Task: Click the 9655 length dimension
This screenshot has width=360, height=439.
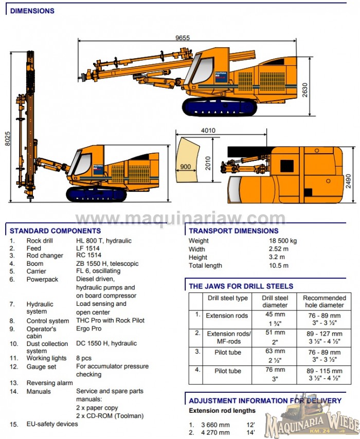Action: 183,38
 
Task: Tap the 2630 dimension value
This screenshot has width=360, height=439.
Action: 305,89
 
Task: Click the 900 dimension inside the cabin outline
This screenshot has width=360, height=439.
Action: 185,167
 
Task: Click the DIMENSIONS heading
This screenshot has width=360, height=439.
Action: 32,11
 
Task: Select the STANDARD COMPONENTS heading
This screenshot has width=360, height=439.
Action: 55,231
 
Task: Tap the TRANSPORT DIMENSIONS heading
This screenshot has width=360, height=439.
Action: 233,231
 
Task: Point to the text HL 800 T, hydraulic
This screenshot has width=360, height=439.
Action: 104,241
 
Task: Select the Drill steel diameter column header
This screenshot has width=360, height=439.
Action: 275,301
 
